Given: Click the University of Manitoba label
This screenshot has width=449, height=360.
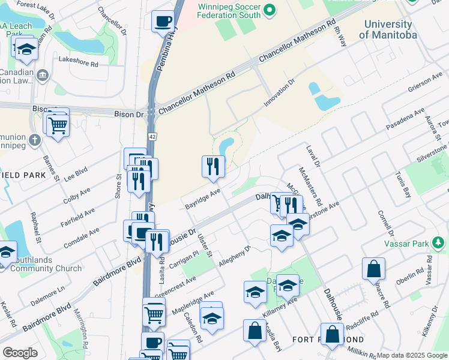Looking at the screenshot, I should pos(387,30).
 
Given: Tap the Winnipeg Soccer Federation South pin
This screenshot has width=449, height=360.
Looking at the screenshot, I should pos(270,10).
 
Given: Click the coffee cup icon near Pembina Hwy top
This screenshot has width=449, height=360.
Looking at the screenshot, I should pos(163,23).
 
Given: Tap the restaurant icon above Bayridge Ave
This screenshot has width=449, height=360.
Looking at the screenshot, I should pos(213,166).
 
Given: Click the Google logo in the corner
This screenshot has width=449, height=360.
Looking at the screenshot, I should pos(20,353).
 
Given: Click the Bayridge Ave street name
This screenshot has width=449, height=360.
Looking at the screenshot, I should pos(202,197).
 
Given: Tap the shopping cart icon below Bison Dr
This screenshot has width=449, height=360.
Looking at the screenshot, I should pos(57,125).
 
